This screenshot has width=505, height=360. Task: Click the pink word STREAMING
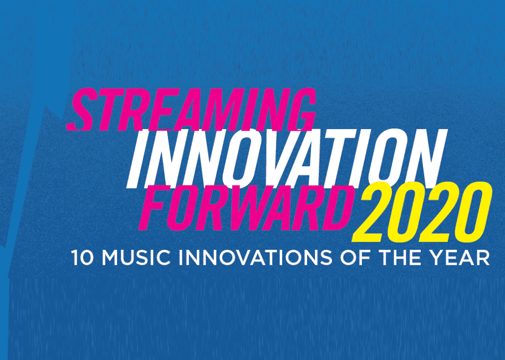[191, 109]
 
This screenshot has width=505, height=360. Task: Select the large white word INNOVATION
[287, 158]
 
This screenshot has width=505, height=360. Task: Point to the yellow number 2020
[422, 212]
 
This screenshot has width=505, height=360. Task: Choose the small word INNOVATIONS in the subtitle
[255, 258]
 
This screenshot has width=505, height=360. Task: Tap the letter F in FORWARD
[153, 208]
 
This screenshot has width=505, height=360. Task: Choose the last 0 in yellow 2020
[474, 212]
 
